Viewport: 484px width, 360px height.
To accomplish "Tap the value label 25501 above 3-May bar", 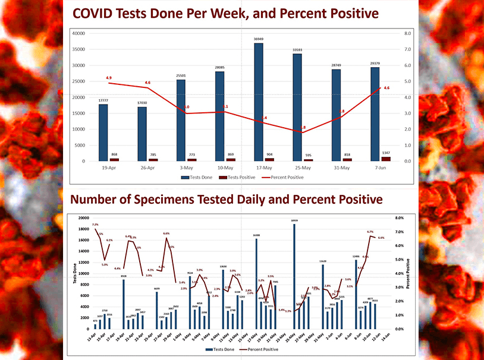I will pos(181,75).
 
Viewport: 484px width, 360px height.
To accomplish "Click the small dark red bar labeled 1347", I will pos(386,159).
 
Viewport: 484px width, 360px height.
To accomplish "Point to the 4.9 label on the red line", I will pos(109,78).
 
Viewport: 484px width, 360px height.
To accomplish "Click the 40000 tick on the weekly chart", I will pos(78,34).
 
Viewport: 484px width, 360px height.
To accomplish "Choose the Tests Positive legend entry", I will pos(241,177).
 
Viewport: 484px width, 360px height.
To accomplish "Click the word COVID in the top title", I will pos(93,13).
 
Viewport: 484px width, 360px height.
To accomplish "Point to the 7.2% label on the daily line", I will pos(95,225).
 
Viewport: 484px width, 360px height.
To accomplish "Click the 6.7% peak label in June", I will pos(370,232).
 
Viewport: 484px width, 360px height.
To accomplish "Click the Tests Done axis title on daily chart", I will pos(75,273).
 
